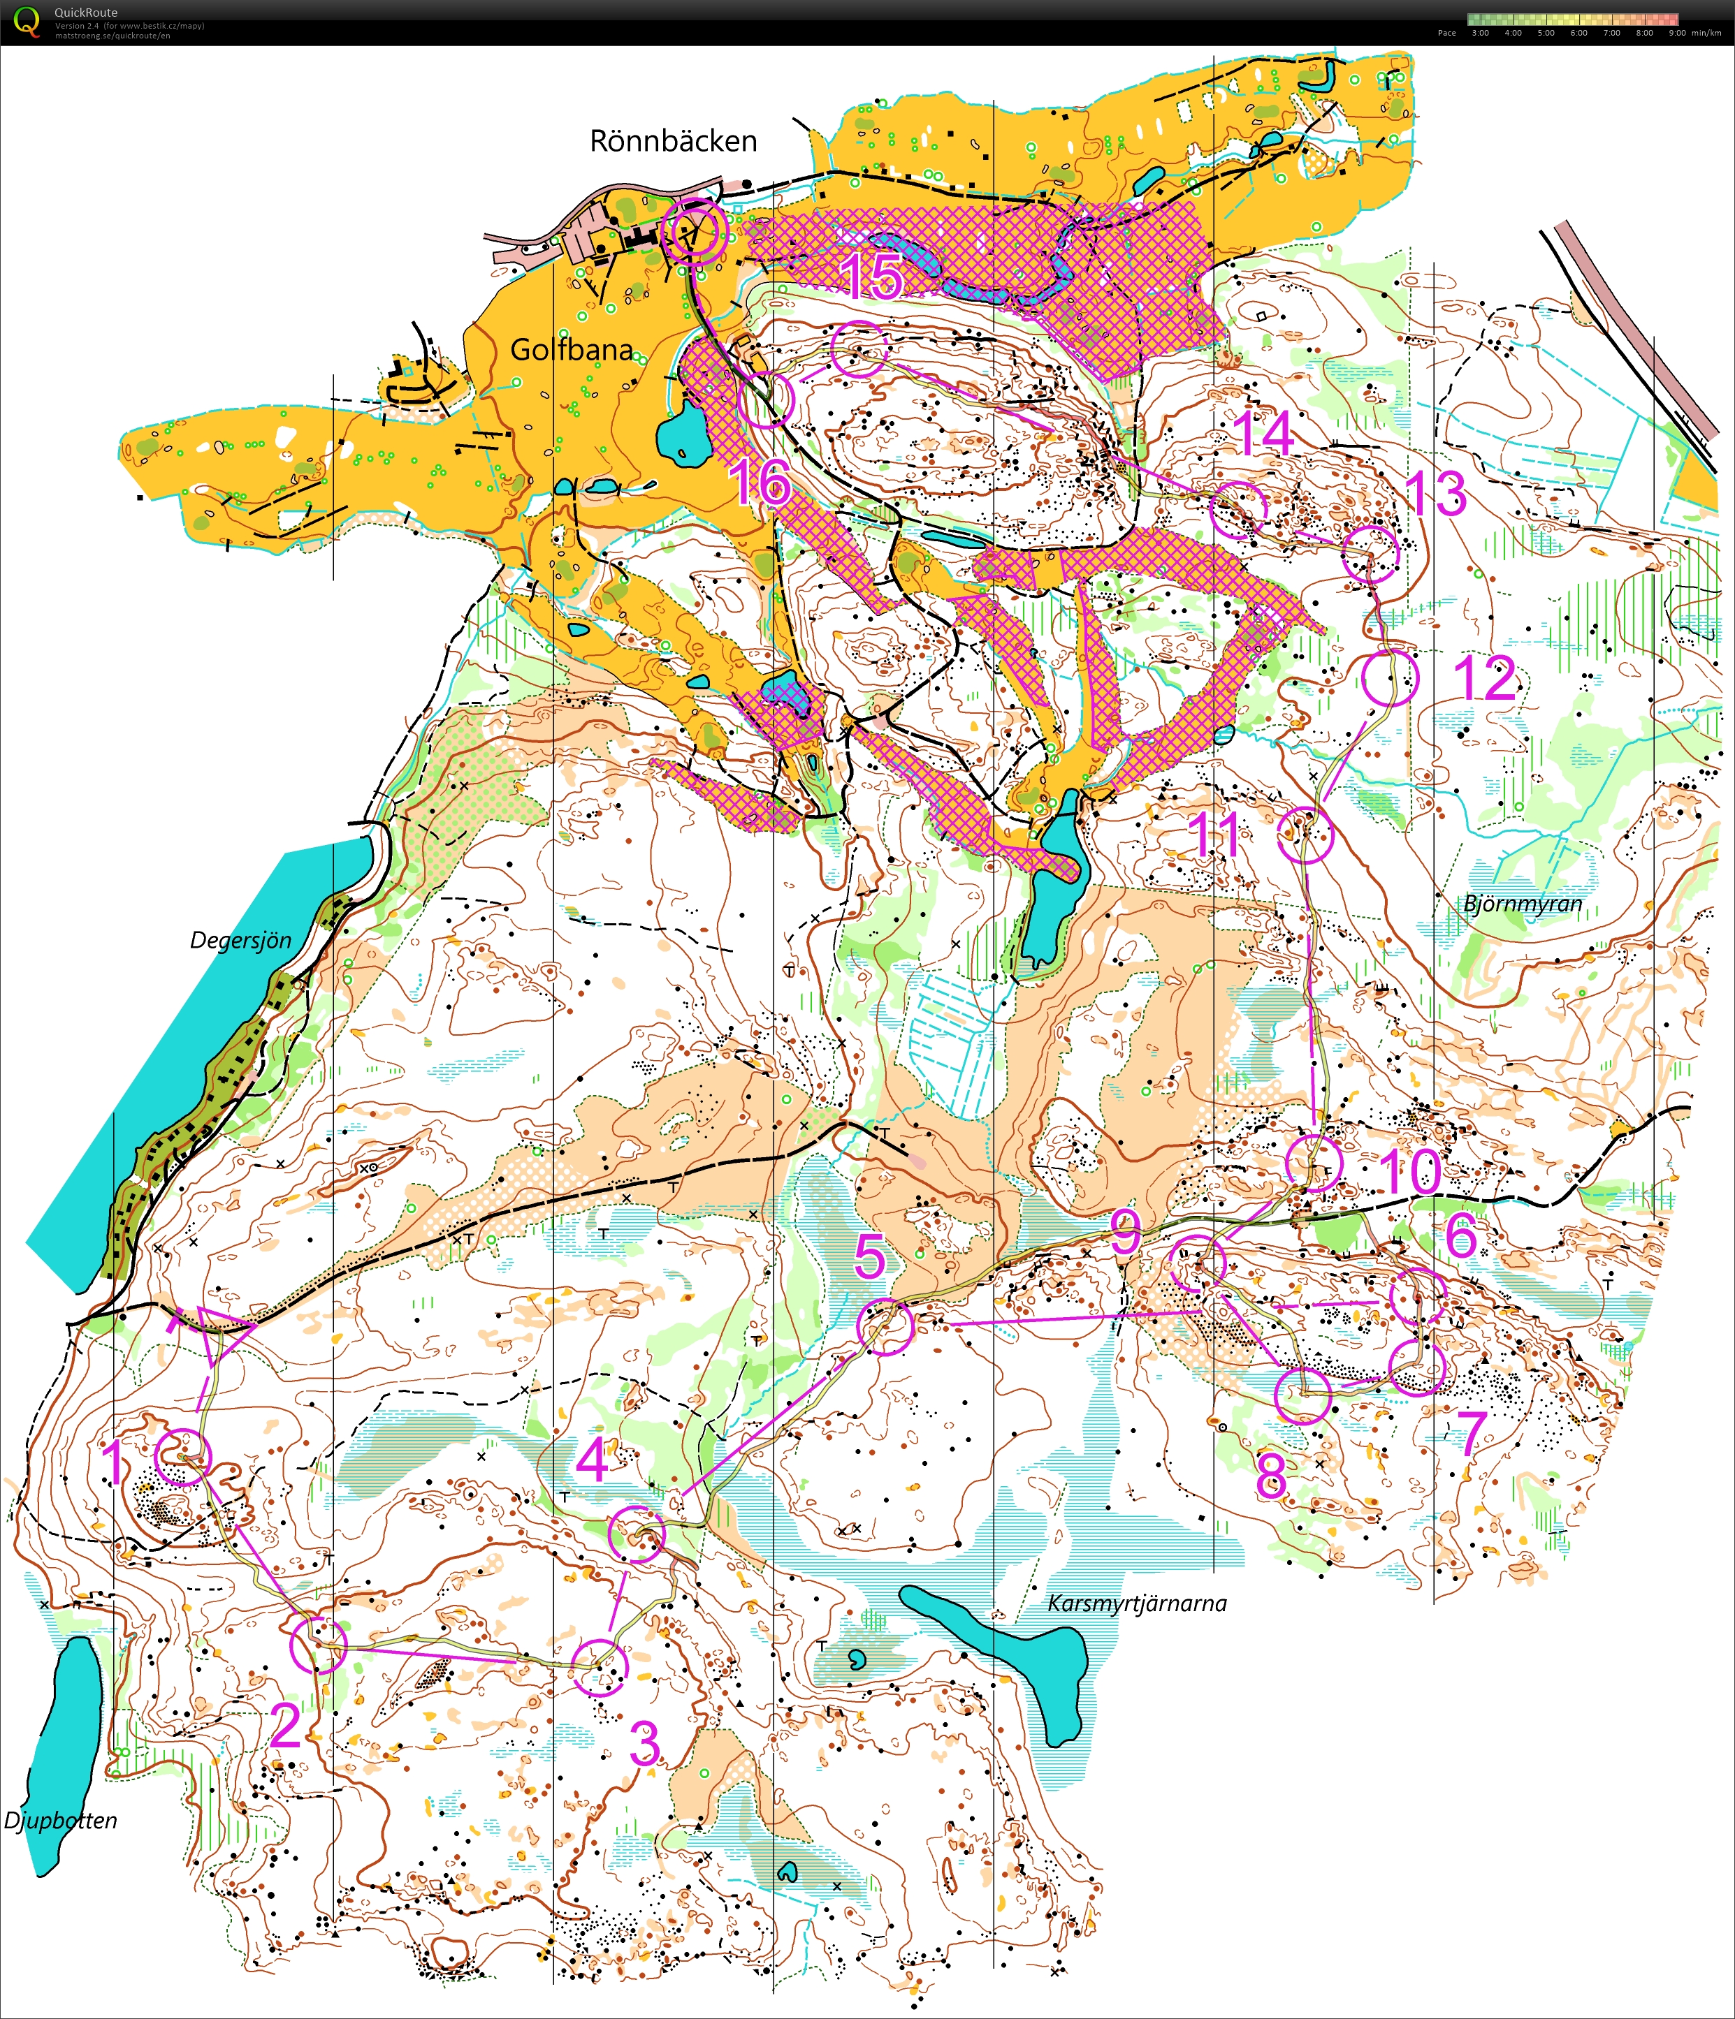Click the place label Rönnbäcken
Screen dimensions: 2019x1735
coord(673,140)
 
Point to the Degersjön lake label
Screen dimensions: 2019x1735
coord(240,940)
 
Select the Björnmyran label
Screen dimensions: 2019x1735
coord(1523,903)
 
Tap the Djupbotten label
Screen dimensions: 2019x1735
coord(60,1820)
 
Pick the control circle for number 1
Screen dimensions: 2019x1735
coord(182,1457)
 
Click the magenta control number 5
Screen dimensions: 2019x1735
coord(869,1258)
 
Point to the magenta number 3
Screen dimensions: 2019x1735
coord(644,1742)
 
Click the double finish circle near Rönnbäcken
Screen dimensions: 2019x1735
coord(694,232)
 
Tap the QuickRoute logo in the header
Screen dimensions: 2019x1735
coord(27,22)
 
